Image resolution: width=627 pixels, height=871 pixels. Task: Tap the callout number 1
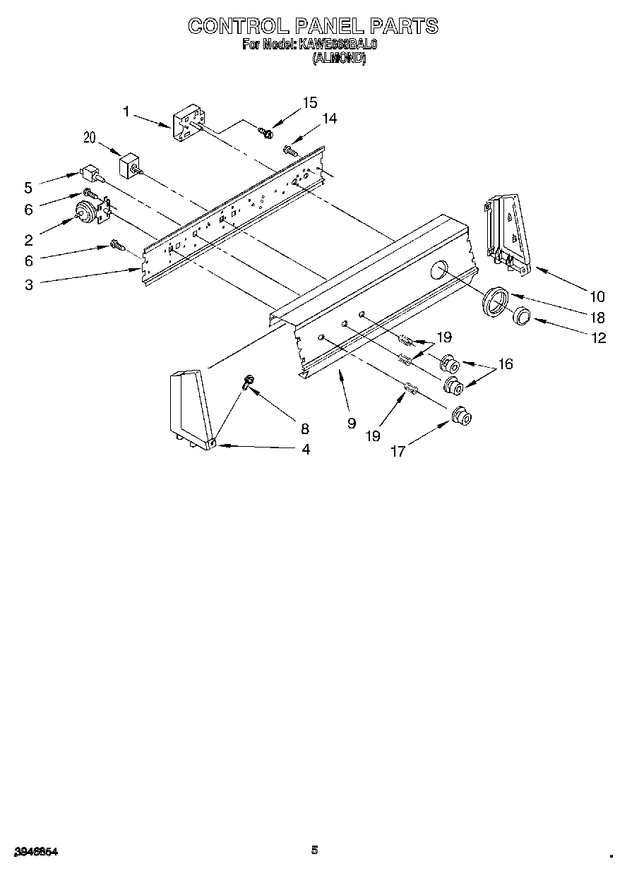126,111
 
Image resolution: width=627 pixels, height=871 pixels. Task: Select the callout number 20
89,138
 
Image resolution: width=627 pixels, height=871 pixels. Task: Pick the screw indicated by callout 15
265,131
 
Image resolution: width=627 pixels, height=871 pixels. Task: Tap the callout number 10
598,296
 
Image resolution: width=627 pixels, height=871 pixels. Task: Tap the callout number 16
506,364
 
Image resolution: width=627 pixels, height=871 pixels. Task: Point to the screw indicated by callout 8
248,382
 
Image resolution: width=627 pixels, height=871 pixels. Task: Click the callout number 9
351,424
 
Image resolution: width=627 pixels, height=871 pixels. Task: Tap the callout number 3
28,284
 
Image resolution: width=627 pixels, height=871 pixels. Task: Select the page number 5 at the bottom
314,850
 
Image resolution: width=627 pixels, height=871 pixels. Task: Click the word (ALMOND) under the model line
339,60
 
